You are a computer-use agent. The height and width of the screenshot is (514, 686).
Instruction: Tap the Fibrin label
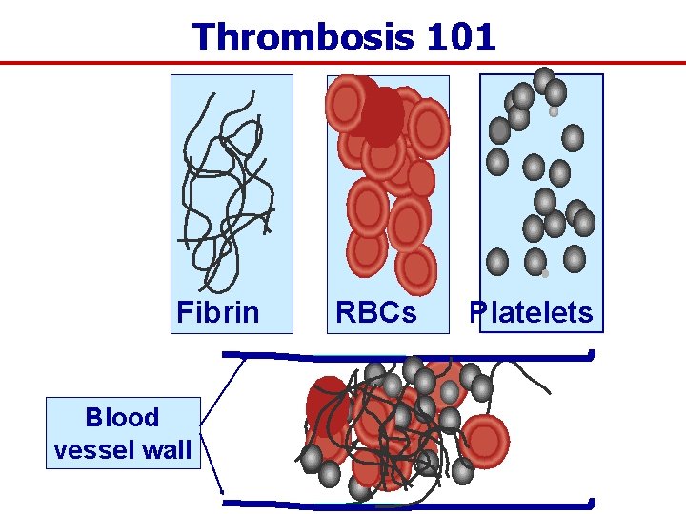point(218,312)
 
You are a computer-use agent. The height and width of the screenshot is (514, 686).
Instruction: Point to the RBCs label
point(376,312)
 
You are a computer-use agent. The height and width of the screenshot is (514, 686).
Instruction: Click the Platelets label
point(531,312)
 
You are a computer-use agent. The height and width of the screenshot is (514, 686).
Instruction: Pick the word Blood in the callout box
point(122,418)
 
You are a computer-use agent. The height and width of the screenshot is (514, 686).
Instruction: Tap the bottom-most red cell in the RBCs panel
point(415,269)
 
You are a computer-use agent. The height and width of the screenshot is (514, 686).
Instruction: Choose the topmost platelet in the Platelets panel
point(543,80)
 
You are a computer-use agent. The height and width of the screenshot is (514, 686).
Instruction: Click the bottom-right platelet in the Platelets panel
point(575,258)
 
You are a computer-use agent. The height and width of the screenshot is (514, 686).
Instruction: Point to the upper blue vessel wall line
point(410,357)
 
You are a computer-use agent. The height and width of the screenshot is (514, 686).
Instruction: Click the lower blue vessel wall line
point(410,502)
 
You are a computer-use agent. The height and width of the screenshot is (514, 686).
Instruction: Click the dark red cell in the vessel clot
point(327,405)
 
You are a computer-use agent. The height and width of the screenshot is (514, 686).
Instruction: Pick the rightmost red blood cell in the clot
point(484,439)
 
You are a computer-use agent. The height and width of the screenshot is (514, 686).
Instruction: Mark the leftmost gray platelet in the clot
point(311,458)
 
